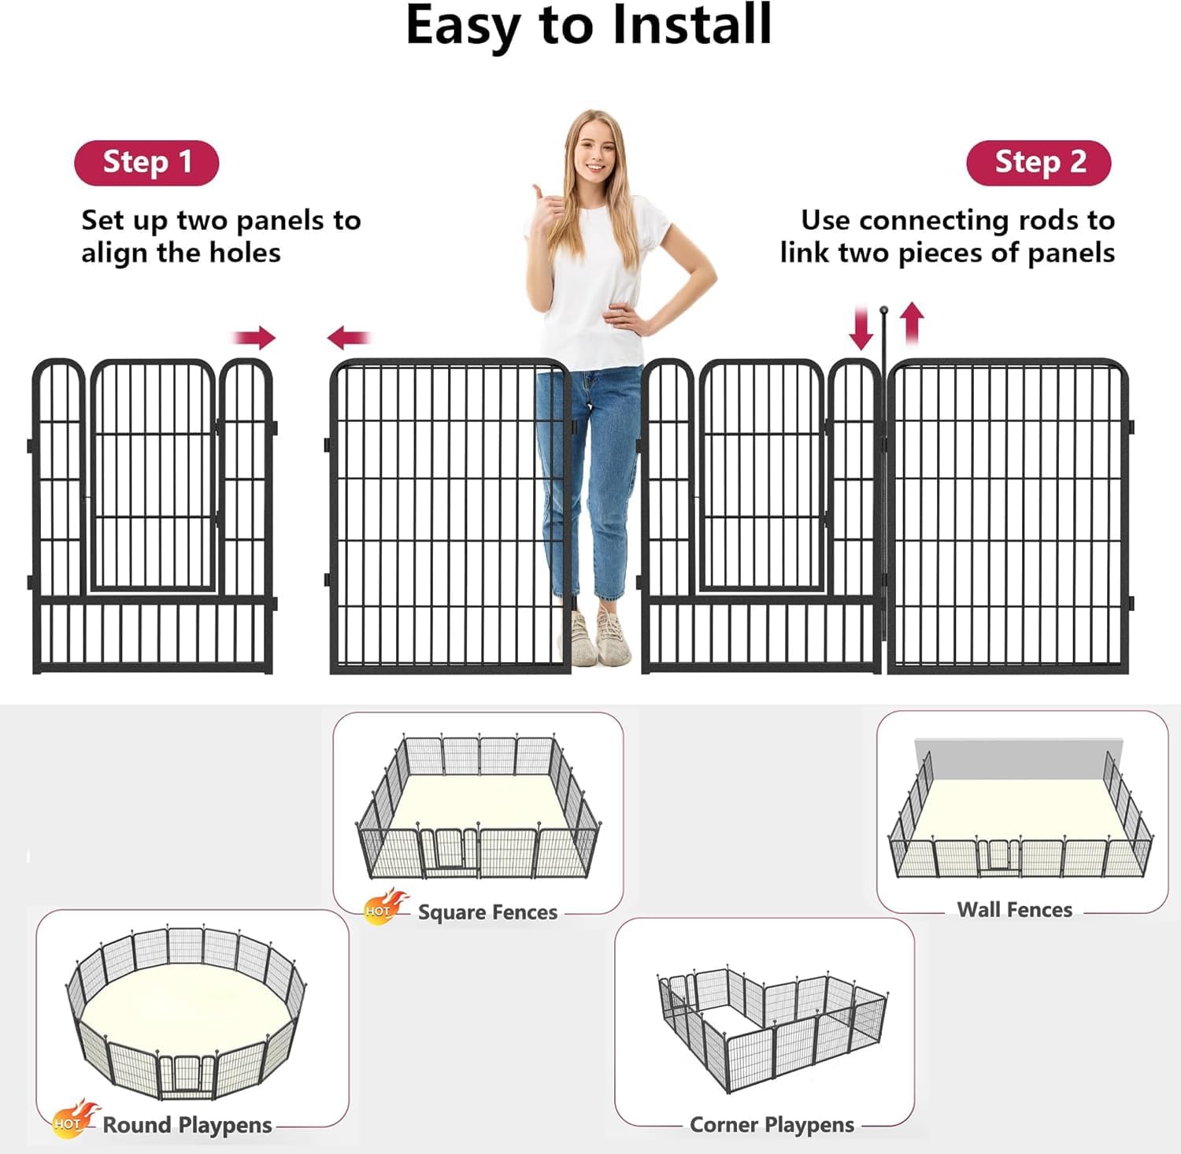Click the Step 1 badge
[x=146, y=163]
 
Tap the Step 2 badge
[x=1038, y=163]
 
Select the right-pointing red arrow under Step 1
[x=254, y=338]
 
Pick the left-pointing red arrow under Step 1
[x=348, y=338]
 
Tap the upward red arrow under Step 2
[x=912, y=324]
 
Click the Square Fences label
[x=487, y=912]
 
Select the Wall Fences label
[x=1015, y=910]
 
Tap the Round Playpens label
[x=187, y=1126]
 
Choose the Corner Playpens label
[x=772, y=1126]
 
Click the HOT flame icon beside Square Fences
[x=386, y=905]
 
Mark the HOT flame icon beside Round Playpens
[x=75, y=1119]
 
